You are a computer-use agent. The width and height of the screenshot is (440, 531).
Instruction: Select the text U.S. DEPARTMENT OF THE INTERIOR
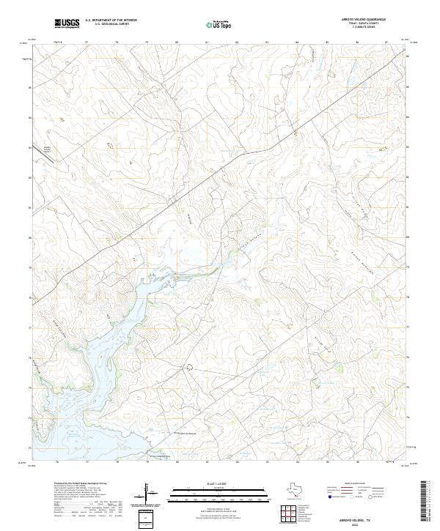click(x=111, y=20)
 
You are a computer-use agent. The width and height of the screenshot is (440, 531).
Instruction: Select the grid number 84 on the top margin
click(x=297, y=42)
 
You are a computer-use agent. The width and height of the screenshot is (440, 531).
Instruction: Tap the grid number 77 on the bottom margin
click(x=87, y=463)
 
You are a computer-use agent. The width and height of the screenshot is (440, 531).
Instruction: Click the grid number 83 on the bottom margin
click(x=267, y=463)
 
